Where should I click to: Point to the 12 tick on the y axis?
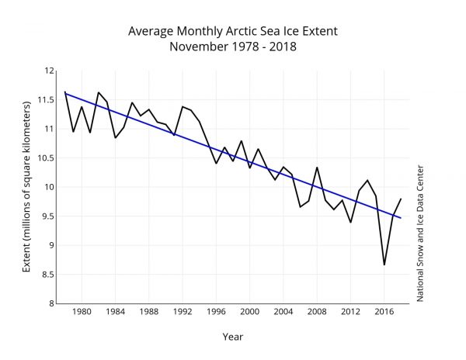coord(49,71)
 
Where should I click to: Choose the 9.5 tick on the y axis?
coord(48,216)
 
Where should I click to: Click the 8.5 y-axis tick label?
coord(48,275)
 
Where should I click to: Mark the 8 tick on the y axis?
coord(51,303)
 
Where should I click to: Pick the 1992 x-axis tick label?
coord(183,313)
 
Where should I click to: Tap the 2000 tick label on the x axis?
coord(249,313)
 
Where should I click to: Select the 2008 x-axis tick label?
coord(317,313)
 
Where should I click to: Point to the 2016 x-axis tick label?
coord(384,313)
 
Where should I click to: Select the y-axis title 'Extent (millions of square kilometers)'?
coord(26,187)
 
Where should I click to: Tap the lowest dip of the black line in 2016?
coord(384,265)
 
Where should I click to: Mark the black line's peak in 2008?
coord(317,167)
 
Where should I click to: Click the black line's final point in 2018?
coord(401,199)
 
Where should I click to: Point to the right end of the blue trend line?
coord(401,218)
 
